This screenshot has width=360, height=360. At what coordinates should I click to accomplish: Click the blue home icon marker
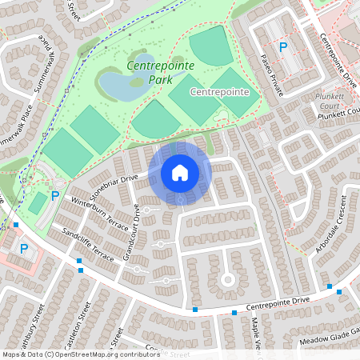(x=180, y=172)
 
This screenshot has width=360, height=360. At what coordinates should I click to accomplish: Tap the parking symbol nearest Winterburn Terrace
(x=55, y=196)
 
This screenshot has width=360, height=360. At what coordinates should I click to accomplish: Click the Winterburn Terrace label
(x=100, y=211)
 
